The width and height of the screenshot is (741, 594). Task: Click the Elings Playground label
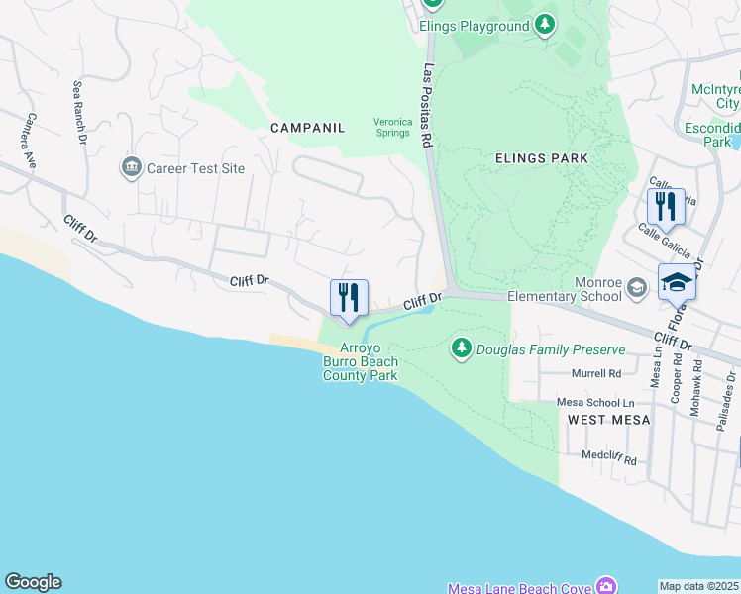click(474, 26)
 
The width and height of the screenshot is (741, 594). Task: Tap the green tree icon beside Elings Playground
click(544, 25)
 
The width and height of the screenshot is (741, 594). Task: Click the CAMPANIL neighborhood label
click(308, 128)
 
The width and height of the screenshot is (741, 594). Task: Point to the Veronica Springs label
click(391, 127)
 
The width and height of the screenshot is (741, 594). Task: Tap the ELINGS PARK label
click(542, 157)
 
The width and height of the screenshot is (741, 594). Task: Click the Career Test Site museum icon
click(131, 168)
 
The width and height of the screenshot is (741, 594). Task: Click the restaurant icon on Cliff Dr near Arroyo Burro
click(349, 298)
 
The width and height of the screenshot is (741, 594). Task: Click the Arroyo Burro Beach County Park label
click(361, 361)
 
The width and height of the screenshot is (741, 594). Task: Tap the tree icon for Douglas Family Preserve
click(461, 348)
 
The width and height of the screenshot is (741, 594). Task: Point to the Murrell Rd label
click(595, 374)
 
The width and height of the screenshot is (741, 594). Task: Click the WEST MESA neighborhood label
click(608, 420)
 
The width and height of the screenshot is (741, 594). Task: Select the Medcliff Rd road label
click(608, 460)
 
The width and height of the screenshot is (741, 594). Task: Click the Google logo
click(33, 582)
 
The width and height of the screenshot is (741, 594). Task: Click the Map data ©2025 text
click(699, 586)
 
